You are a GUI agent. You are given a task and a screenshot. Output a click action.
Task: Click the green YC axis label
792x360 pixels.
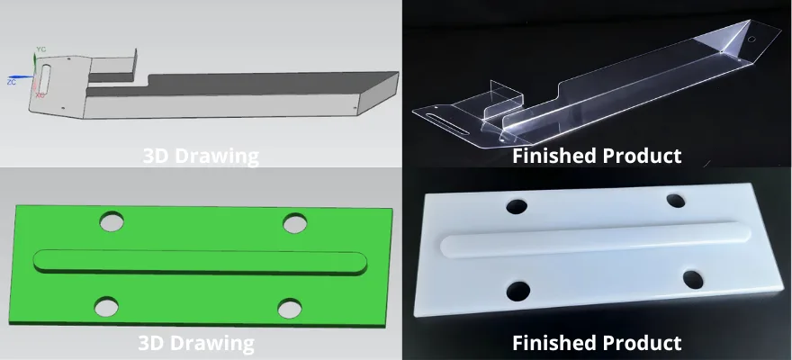[x=40, y=49]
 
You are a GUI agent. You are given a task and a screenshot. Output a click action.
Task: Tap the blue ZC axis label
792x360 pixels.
[x=11, y=81]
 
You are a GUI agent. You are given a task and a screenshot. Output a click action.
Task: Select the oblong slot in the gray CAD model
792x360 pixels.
[x=44, y=79]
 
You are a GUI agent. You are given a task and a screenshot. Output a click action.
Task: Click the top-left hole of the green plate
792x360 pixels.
[x=112, y=221]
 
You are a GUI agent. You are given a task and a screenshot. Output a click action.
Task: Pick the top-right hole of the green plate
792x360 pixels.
[x=295, y=223]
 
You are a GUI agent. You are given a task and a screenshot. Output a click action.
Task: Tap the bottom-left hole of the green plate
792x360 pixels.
[x=106, y=307]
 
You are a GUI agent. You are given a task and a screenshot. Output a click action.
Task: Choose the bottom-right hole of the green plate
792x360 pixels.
[x=290, y=309]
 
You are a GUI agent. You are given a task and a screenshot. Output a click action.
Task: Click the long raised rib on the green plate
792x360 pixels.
[x=200, y=262]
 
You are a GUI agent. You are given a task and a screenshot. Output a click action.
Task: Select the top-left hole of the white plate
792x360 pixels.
[x=517, y=206]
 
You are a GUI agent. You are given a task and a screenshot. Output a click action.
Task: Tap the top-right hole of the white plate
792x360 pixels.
[x=676, y=201]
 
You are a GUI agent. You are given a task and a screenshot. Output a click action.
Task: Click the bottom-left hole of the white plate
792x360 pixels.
[x=517, y=291]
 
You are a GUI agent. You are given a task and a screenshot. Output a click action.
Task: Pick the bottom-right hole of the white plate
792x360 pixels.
[x=693, y=280]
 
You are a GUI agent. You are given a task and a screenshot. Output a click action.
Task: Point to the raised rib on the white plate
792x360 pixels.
[x=596, y=239]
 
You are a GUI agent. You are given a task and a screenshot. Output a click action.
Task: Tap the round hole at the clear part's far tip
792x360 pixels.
[x=751, y=39]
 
